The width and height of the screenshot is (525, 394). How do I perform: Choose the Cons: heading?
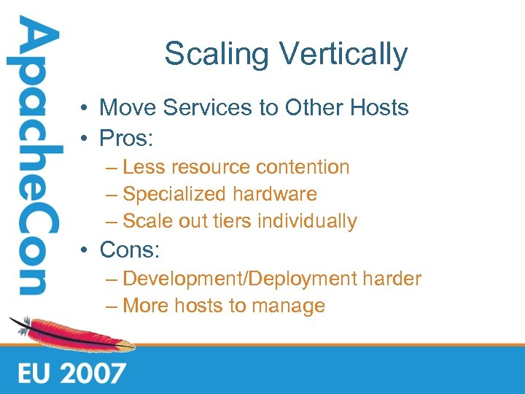click(x=130, y=250)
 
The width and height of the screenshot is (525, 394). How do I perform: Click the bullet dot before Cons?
click(x=86, y=251)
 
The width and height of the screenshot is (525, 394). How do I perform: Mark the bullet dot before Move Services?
click(x=86, y=109)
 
